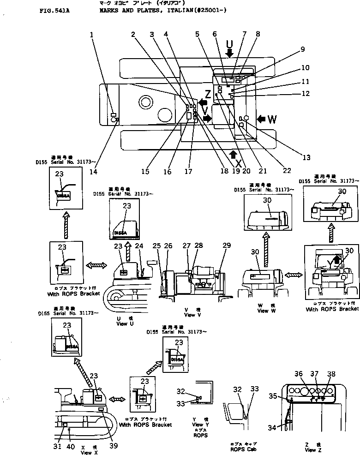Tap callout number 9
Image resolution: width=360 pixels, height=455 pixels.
(302, 49)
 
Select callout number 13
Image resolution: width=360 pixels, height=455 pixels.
(306, 157)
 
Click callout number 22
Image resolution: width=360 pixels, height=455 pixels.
(287, 171)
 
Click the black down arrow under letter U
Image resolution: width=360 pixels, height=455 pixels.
(229, 54)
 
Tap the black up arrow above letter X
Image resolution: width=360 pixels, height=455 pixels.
(234, 154)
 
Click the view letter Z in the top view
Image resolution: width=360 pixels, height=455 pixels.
(208, 95)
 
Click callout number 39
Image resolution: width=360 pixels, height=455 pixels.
(113, 445)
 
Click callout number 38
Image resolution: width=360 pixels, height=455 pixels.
(331, 374)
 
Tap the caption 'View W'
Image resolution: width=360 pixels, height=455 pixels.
(263, 311)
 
